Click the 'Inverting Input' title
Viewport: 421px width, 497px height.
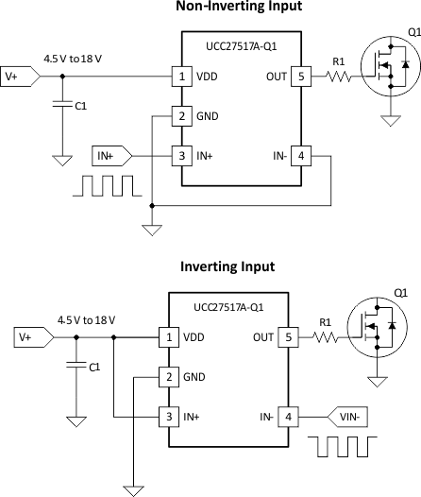[227, 266]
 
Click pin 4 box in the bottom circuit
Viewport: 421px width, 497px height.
[287, 415]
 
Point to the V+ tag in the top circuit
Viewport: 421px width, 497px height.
[20, 75]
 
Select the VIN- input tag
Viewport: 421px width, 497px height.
[350, 415]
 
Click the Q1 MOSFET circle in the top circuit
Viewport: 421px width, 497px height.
[385, 75]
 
